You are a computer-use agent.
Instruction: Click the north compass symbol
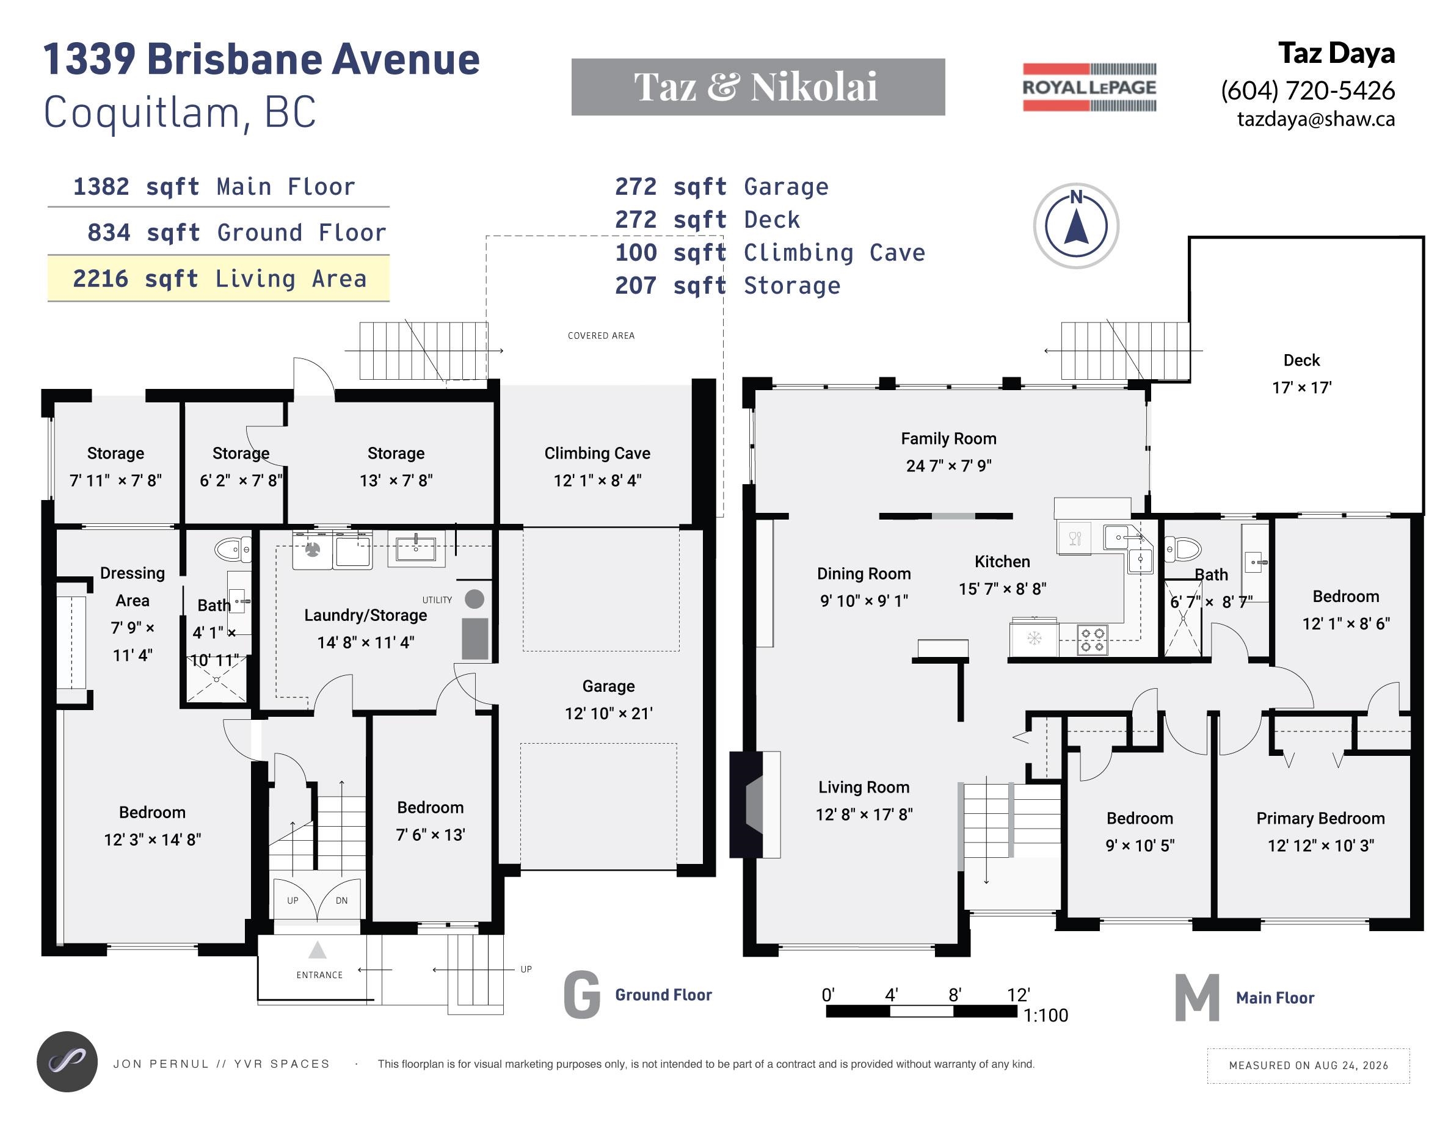pos(1075,226)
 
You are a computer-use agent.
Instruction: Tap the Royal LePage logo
pos(1089,87)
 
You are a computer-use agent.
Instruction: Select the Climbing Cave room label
pos(597,453)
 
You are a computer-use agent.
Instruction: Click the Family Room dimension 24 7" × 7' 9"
pos(949,465)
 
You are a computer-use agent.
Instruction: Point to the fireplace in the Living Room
pos(755,804)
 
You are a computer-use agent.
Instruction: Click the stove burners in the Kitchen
pos(1091,639)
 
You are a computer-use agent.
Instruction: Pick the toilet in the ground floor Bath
pos(233,550)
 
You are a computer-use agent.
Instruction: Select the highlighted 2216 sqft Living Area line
pos(219,279)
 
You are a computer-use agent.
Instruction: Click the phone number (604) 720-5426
pos(1307,90)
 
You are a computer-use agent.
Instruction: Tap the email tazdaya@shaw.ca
pos(1315,119)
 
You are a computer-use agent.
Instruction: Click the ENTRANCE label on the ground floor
pos(319,975)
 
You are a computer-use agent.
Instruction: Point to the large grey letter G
pos(582,994)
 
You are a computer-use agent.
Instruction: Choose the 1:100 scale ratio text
pos(1046,1015)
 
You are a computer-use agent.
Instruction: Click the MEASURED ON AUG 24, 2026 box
pos(1308,1065)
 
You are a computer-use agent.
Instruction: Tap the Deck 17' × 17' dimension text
pos(1301,387)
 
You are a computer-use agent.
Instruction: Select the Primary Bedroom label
pos(1320,818)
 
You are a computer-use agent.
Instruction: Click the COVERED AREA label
pos(602,335)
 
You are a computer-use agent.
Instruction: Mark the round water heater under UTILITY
pos(475,599)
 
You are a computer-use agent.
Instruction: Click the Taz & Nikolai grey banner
pos(758,87)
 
